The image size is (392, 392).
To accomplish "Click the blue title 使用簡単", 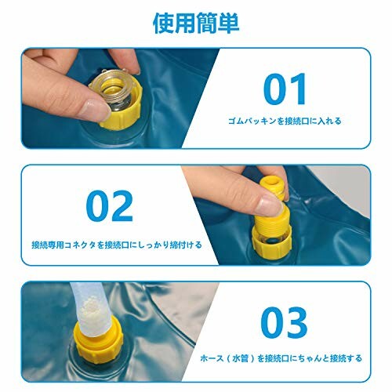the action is click(196, 24).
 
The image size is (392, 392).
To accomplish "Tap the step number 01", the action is click(285, 89).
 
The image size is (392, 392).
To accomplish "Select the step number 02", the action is click(110, 206).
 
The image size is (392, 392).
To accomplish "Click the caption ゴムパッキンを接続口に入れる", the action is click(285, 121).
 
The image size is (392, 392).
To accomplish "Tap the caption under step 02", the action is click(117, 245).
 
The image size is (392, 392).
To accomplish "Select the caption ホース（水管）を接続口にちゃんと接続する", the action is click(281, 358).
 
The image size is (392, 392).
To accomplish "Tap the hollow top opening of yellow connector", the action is click(270, 181).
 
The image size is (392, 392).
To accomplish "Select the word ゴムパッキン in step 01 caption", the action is click(252, 121).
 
